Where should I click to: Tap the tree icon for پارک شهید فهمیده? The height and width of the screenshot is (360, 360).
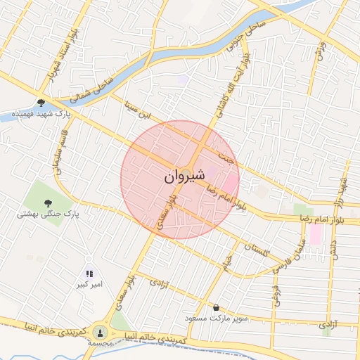pyautogui.click(x=43, y=102)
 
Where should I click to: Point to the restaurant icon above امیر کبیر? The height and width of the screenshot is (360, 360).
pyautogui.click(x=89, y=274)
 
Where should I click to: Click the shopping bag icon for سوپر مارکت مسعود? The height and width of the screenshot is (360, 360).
pyautogui.click(x=216, y=307)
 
